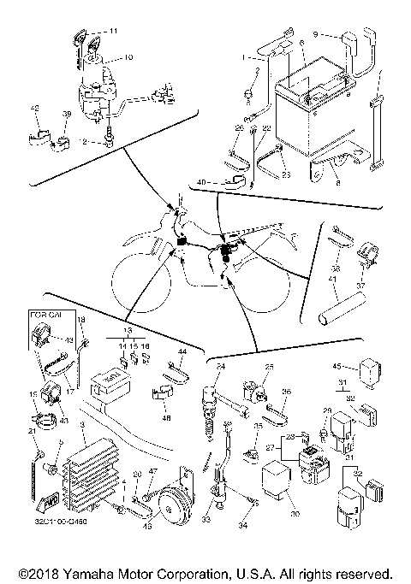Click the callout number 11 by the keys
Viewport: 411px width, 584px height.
tap(114, 30)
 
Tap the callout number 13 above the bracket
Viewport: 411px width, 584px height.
tap(129, 328)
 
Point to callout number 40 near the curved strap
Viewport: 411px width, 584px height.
tap(201, 182)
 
